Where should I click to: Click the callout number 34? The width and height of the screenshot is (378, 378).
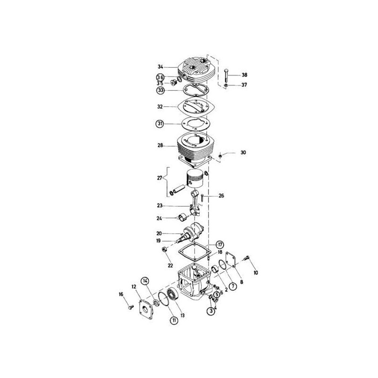tap(160, 67)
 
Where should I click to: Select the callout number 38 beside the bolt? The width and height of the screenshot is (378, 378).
tap(244, 75)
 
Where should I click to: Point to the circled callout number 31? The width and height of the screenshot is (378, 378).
tap(160, 124)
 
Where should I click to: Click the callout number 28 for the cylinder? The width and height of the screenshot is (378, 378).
tap(160, 146)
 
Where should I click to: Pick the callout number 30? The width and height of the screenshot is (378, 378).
tap(243, 153)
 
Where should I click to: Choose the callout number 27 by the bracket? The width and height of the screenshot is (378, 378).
tap(159, 179)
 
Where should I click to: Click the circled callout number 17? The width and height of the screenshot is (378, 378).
tap(220, 244)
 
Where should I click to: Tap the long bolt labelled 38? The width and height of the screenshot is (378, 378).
tap(227, 75)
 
